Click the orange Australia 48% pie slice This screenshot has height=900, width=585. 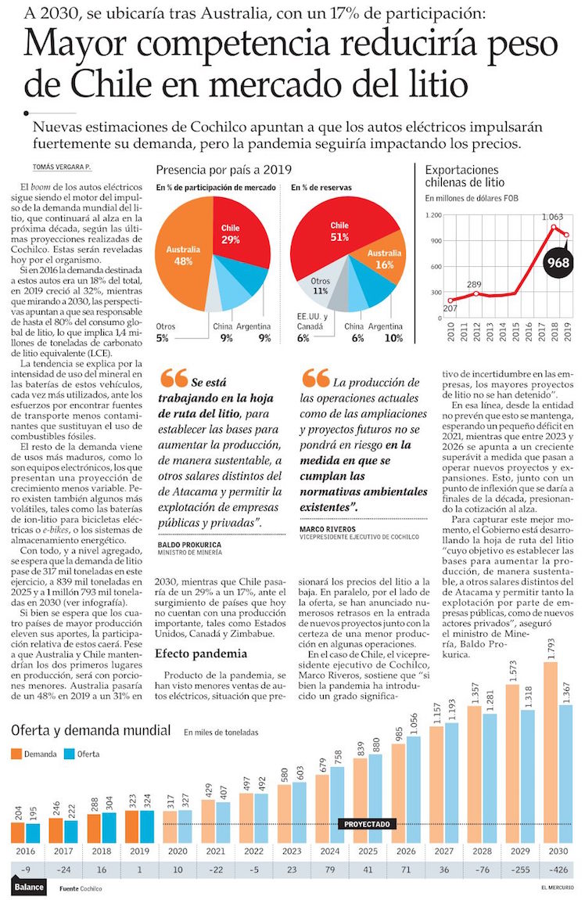(181, 254)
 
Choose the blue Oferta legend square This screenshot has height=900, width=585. (69, 754)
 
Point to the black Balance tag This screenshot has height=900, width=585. (28, 887)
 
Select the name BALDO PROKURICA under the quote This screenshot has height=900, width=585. (189, 543)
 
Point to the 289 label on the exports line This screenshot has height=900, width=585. (475, 284)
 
